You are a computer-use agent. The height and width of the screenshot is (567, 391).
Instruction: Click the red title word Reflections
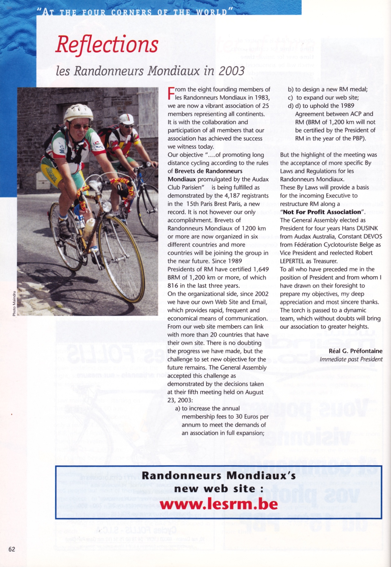[x=107, y=45]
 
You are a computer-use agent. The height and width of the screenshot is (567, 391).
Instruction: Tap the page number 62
[x=12, y=549]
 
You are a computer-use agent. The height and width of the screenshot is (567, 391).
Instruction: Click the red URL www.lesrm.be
[x=219, y=504]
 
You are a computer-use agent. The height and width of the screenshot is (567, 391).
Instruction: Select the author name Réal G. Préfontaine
[x=355, y=351]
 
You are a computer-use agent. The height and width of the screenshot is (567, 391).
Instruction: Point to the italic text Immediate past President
[x=351, y=359]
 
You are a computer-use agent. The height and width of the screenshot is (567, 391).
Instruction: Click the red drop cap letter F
[x=171, y=93]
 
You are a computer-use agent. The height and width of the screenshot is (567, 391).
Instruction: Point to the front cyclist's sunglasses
[x=79, y=126]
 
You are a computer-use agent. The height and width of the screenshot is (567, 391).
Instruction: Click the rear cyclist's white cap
[x=126, y=119]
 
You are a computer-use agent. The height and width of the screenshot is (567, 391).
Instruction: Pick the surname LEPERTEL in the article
[x=293, y=261]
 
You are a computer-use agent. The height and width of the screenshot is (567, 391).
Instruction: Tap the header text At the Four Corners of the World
[x=135, y=12]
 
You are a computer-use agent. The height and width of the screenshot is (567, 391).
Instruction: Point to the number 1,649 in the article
[x=261, y=269]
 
